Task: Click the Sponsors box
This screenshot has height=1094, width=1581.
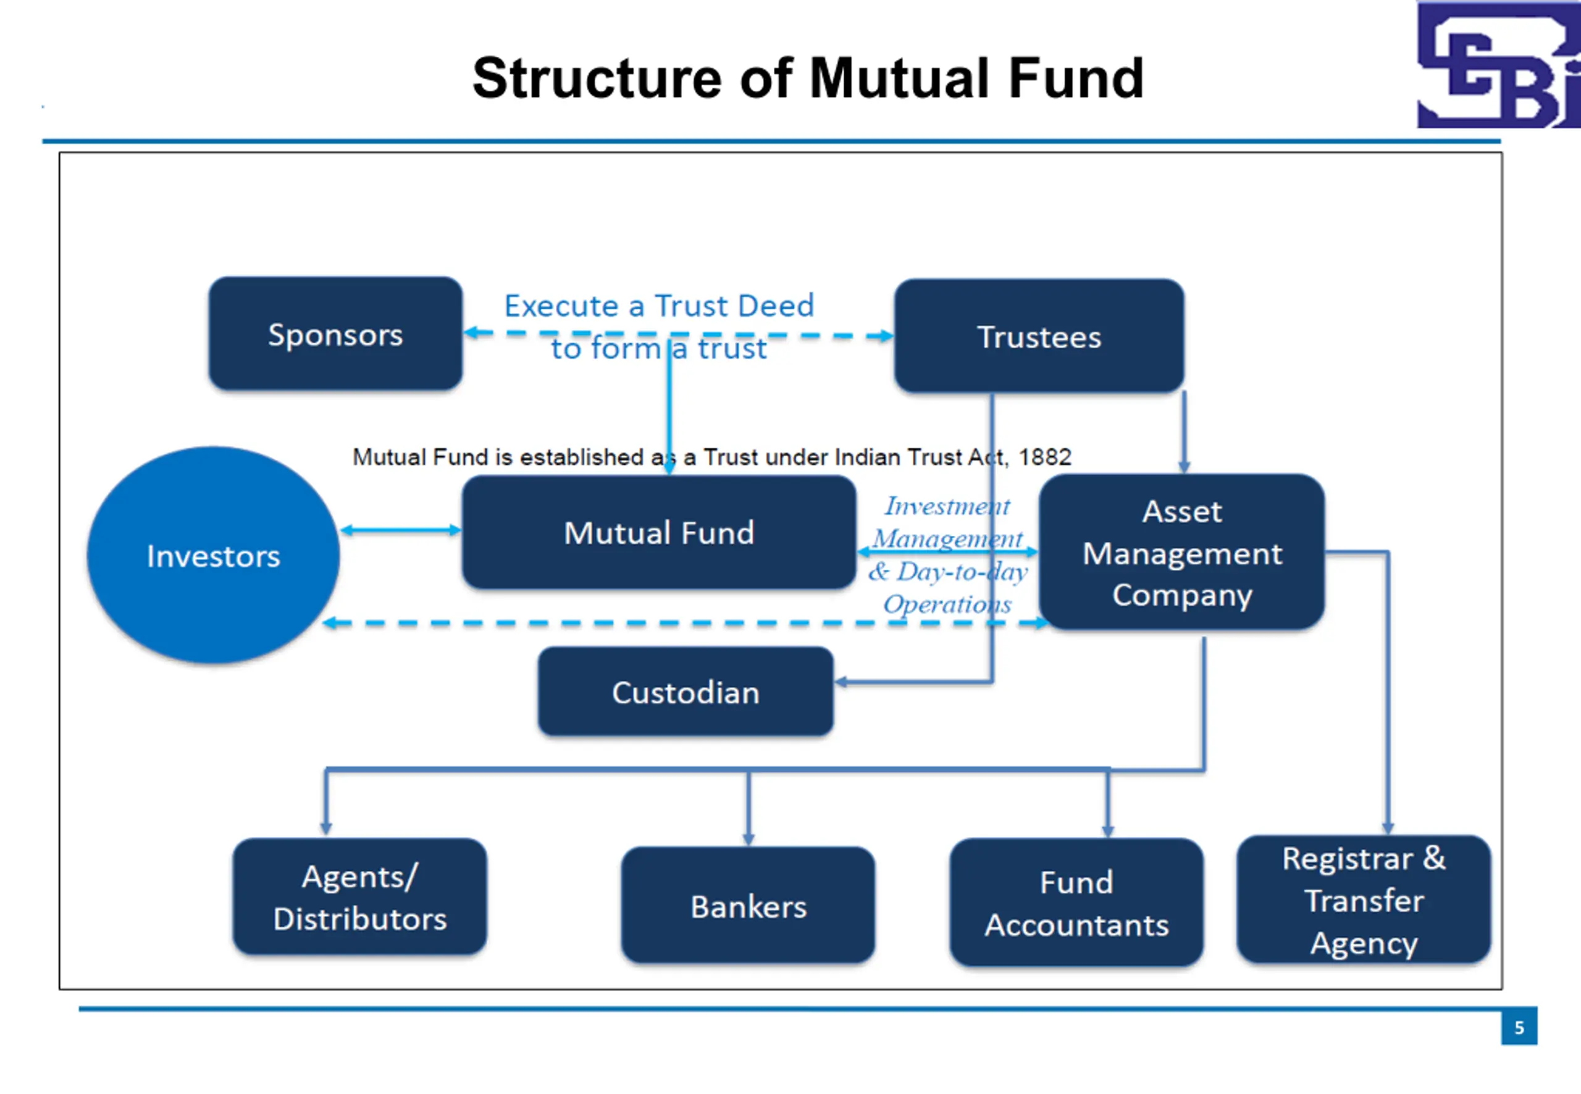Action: (335, 334)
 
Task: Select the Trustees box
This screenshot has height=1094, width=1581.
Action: (1039, 336)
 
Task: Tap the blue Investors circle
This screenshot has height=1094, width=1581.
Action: (213, 555)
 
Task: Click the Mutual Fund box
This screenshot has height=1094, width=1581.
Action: (659, 533)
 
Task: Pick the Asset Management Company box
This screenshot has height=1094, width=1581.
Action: (1182, 552)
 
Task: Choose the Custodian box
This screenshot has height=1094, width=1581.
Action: (686, 691)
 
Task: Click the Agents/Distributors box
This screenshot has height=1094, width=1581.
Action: (360, 896)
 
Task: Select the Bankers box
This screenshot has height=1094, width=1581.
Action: (748, 906)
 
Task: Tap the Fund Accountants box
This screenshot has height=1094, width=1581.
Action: (1076, 903)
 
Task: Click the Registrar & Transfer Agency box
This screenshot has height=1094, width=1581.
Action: (1364, 900)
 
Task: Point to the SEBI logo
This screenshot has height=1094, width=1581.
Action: (1499, 64)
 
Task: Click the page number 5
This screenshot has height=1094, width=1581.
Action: (1519, 1027)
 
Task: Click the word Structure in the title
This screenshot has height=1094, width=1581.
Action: (597, 78)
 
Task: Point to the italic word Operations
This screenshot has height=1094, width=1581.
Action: (947, 604)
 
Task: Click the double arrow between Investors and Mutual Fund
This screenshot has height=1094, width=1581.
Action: (401, 530)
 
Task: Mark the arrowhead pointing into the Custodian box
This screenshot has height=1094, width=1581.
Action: (841, 682)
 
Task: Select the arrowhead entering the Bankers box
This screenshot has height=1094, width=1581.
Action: (748, 840)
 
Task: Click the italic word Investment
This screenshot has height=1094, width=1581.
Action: (947, 506)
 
